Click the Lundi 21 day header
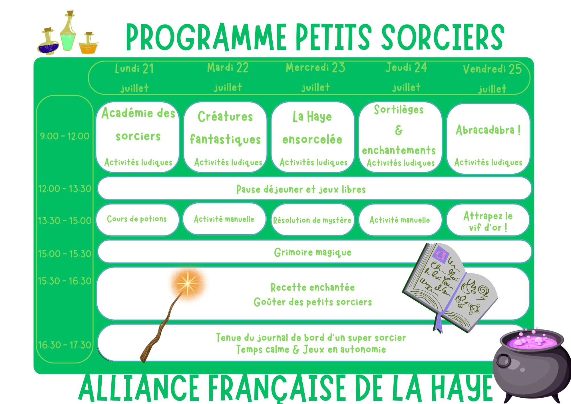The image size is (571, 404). tap(134, 78)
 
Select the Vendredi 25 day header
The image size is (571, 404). tap(492, 79)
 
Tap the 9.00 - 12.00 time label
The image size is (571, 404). tap(65, 136)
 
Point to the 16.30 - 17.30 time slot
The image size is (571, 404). tap(65, 345)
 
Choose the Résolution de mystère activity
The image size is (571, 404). tap(313, 220)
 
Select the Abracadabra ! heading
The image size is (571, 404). tap(488, 130)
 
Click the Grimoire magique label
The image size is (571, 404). tap(313, 252)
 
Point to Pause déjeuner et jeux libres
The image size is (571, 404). tap(301, 189)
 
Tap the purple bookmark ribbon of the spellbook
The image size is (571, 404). tap(438, 323)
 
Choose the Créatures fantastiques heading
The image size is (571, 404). tap(225, 128)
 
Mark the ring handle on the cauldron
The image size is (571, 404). tap(503, 360)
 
